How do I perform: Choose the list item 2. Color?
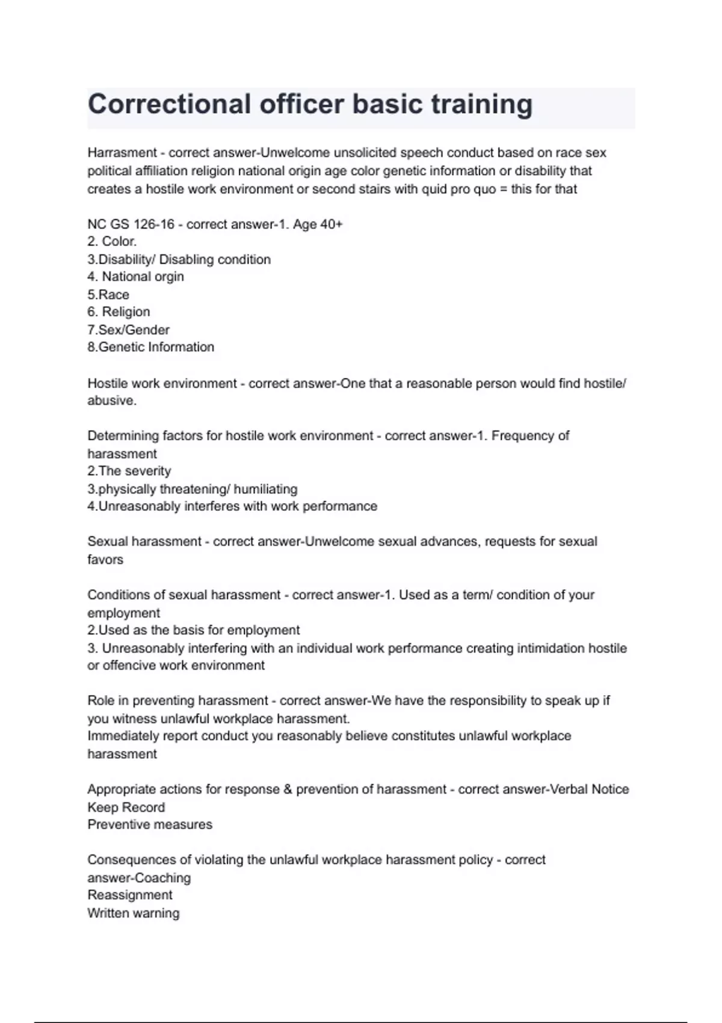(112, 241)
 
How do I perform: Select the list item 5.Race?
(108, 295)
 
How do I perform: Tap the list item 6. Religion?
(119, 312)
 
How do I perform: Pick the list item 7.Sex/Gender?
(128, 330)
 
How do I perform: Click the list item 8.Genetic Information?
(150, 347)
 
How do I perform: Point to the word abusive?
(111, 401)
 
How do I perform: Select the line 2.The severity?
(129, 471)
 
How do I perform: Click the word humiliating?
(265, 489)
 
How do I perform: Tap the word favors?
(105, 560)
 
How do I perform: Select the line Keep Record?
(126, 808)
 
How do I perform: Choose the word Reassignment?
(129, 895)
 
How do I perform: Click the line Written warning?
(133, 913)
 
